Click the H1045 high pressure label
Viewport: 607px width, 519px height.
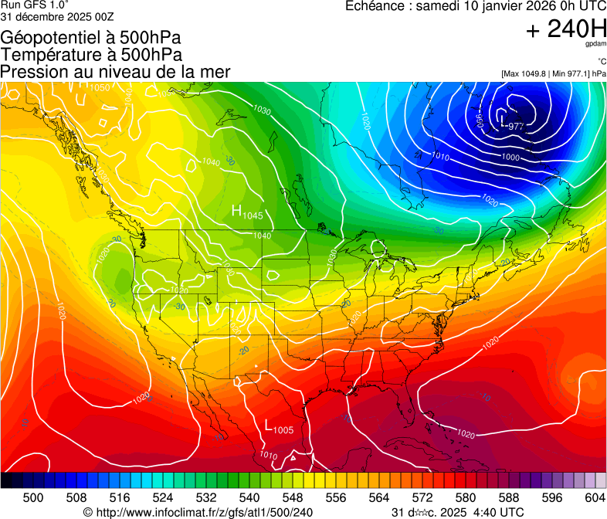(248, 212)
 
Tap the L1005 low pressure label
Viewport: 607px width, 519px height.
(279, 427)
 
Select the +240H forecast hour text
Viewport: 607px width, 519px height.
(565, 29)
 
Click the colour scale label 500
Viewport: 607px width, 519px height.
(33, 497)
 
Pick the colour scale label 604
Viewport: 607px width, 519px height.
(595, 497)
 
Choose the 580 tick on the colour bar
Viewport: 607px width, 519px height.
(466, 497)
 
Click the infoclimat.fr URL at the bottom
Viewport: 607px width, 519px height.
(198, 512)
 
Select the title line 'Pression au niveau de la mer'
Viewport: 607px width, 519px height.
(115, 72)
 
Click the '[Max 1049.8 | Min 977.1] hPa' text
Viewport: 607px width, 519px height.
(553, 73)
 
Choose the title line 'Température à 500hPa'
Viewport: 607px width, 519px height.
(91, 54)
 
